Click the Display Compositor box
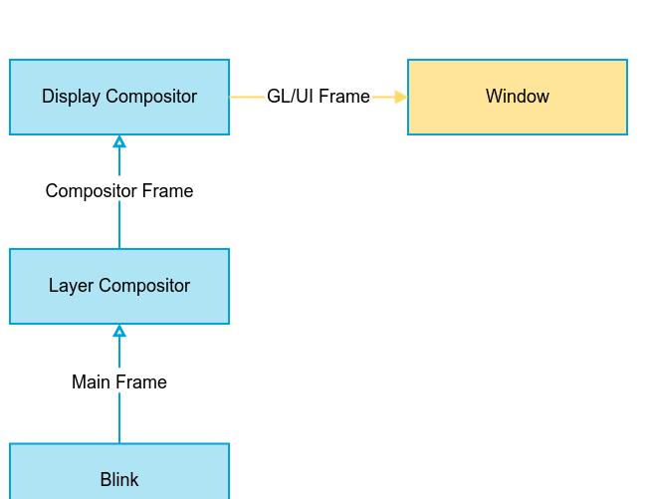click(x=119, y=97)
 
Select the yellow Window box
click(x=518, y=97)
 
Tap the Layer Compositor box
click(x=119, y=286)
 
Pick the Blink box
click(x=119, y=471)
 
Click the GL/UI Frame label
click(x=319, y=97)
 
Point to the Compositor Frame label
click(x=119, y=191)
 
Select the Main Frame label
click(x=119, y=381)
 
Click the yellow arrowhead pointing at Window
click(x=401, y=97)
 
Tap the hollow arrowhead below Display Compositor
click(x=119, y=141)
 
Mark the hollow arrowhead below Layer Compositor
click(x=119, y=331)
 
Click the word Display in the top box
click(x=71, y=97)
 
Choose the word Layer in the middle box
click(x=72, y=286)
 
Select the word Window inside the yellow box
click(x=518, y=97)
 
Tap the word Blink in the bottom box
click(x=119, y=480)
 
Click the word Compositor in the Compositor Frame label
click(x=92, y=191)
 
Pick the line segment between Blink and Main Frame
click(x=119, y=418)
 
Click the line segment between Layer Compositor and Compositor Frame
click(x=119, y=225)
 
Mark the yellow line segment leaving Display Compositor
click(x=247, y=97)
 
